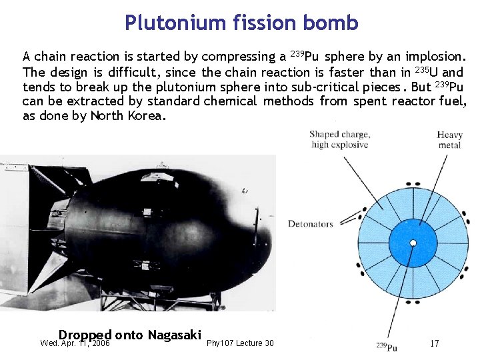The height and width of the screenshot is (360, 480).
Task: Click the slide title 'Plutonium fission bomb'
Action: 241,23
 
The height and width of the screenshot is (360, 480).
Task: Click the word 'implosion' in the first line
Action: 437,56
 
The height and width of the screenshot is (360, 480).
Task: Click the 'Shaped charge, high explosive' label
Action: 339,139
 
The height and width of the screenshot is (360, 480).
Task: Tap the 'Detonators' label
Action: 310,224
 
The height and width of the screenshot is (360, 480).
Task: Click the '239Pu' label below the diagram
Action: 387,347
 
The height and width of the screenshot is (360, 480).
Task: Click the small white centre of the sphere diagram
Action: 413,243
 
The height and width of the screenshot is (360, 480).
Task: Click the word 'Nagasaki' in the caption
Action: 175,335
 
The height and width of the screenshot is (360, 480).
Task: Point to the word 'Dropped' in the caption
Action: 85,335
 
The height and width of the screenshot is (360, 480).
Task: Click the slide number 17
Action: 434,343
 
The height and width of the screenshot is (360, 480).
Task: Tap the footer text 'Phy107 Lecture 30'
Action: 240,343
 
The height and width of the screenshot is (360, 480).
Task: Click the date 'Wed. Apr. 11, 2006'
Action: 75,344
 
